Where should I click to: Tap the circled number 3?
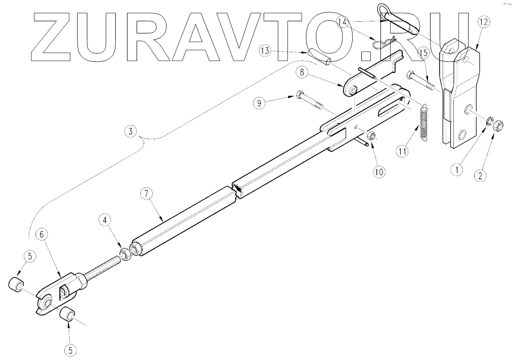pyautogui.click(x=131, y=132)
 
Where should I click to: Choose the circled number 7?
pyautogui.click(x=146, y=193)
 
